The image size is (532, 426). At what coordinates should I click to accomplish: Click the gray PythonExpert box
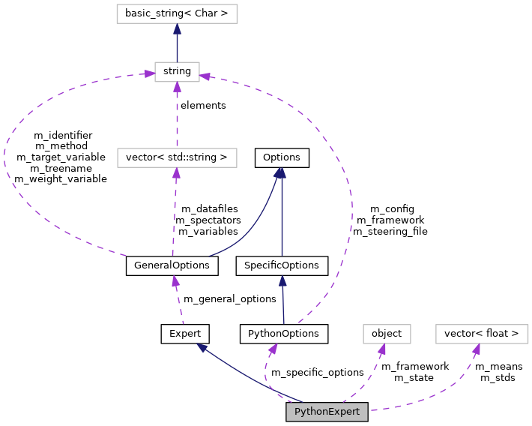327,412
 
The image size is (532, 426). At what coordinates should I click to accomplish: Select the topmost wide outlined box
177,13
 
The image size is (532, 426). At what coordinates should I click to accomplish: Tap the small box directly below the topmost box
177,72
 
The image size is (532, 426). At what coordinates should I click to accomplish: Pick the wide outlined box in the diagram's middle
177,157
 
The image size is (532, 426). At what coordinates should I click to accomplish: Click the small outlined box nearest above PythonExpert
387,334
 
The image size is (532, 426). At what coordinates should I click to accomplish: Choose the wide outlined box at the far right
482,334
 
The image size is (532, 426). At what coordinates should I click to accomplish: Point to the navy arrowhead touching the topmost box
177,29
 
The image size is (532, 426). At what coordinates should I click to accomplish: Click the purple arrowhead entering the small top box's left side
149,73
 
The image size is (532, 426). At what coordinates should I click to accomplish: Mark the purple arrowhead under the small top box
177,88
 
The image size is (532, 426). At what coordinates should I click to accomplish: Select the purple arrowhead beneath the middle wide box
176,173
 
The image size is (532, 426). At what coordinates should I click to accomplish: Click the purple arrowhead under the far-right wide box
476,349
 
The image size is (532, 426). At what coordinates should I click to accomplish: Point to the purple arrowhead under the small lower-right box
382,349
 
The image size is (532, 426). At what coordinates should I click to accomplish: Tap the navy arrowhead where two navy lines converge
280,173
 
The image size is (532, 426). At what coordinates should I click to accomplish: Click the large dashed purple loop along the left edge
6,161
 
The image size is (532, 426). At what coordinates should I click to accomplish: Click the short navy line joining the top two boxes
177,46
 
